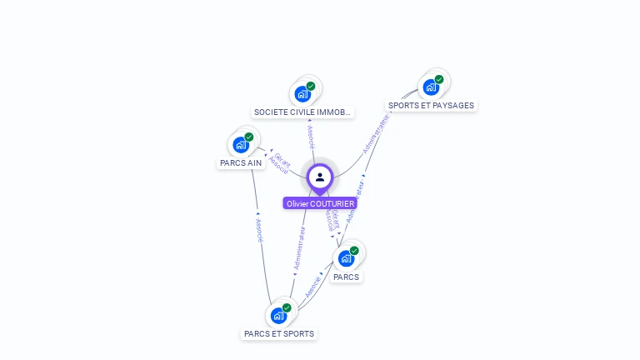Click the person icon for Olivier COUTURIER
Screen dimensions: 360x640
pos(320,177)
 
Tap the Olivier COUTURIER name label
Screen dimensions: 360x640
pos(320,203)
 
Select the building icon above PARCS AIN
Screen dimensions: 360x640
pos(241,145)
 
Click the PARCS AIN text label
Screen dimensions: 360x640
pos(241,163)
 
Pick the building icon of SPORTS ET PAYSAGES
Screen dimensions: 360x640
pos(431,87)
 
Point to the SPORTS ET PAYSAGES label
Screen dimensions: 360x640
pos(431,106)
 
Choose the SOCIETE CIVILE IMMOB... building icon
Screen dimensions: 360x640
pos(302,93)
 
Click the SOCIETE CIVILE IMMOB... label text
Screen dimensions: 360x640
pos(302,112)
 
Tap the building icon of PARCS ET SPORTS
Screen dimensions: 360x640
pos(278,316)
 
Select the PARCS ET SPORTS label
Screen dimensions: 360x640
pos(279,334)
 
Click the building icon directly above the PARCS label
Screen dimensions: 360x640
pos(346,258)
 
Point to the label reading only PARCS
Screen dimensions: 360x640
pos(346,277)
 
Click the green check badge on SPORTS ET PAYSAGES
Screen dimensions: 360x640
pos(439,80)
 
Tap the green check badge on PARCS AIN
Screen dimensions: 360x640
pos(249,137)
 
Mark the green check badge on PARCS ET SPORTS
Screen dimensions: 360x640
pos(287,308)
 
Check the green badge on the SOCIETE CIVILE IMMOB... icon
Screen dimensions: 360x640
pos(311,86)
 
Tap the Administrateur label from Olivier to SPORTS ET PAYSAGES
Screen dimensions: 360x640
pos(376,133)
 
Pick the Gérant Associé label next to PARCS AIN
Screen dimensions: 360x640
pos(278,162)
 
